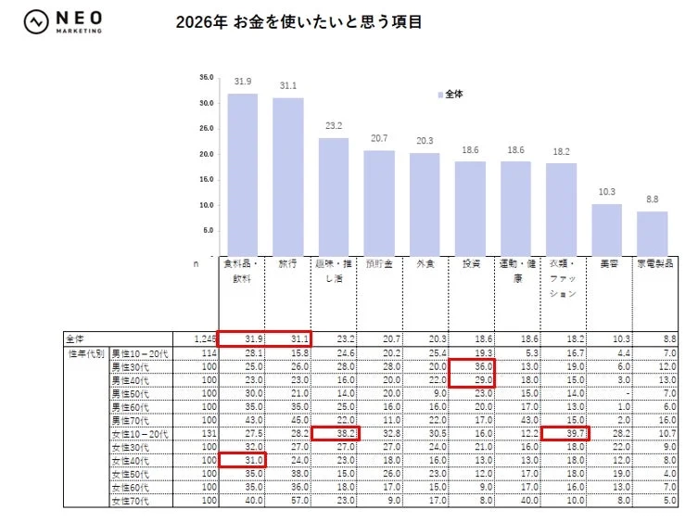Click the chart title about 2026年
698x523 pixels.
click(x=298, y=22)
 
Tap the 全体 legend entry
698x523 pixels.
click(x=451, y=95)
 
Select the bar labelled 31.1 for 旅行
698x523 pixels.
click(x=287, y=176)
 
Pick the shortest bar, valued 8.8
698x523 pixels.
click(x=652, y=234)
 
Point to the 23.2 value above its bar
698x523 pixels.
click(x=334, y=126)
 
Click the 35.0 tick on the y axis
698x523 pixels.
click(x=207, y=78)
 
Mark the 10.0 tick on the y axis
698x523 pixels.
click(x=207, y=205)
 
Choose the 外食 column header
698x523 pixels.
click(x=425, y=264)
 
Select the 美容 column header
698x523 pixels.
click(x=606, y=264)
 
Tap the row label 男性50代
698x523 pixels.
click(x=131, y=393)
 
